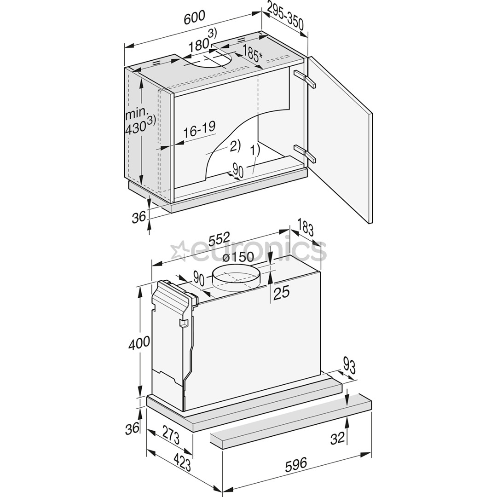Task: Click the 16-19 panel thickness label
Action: tap(199, 129)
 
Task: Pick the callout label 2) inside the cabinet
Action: tap(234, 146)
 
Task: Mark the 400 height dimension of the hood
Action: tap(139, 342)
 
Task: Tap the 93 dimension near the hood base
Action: tap(350, 366)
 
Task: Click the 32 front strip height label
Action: tap(337, 438)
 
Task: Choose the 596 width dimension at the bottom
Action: tap(295, 464)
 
